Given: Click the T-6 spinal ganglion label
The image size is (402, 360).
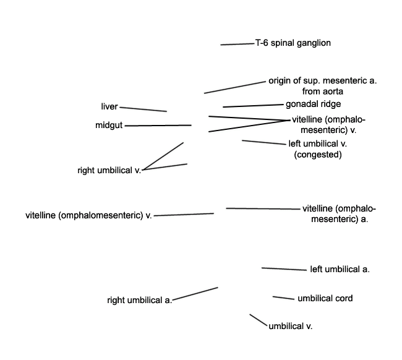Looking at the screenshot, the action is pyautogui.click(x=293, y=43).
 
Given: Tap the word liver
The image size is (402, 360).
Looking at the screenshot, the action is pyautogui.click(x=109, y=106).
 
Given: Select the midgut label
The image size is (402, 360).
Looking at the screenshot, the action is pyautogui.click(x=109, y=126).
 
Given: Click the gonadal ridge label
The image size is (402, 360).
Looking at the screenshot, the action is pyautogui.click(x=314, y=104).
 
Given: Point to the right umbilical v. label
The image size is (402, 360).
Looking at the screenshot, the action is pyautogui.click(x=109, y=170).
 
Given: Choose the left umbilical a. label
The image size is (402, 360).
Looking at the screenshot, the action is pyautogui.click(x=340, y=269).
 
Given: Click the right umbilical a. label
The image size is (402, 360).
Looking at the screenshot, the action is pyautogui.click(x=140, y=300).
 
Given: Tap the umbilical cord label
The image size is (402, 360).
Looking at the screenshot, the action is pyautogui.click(x=325, y=298).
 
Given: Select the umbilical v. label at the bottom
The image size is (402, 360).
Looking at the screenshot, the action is pyautogui.click(x=291, y=326).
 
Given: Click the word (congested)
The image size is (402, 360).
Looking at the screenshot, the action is pyautogui.click(x=318, y=155).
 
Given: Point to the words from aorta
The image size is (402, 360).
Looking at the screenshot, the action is pyautogui.click(x=322, y=92).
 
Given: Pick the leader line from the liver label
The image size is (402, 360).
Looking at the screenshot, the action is pyautogui.click(x=143, y=109).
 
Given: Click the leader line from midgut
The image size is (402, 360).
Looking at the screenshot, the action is pyautogui.click(x=158, y=126).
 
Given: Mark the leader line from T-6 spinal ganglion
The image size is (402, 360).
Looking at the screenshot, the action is pyautogui.click(x=237, y=44).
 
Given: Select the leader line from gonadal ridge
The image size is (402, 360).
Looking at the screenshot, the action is pyautogui.click(x=253, y=106).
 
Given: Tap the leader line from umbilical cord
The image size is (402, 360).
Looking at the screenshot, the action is pyautogui.click(x=283, y=298).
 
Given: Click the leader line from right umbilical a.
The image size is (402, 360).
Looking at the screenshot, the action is pyautogui.click(x=195, y=293).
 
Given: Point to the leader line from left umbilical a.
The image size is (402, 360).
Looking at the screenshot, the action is pyautogui.click(x=284, y=269).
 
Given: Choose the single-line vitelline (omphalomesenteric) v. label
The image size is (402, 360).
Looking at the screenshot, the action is pyautogui.click(x=88, y=215).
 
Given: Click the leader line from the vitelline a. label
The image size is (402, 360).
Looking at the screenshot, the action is pyautogui.click(x=263, y=208).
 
